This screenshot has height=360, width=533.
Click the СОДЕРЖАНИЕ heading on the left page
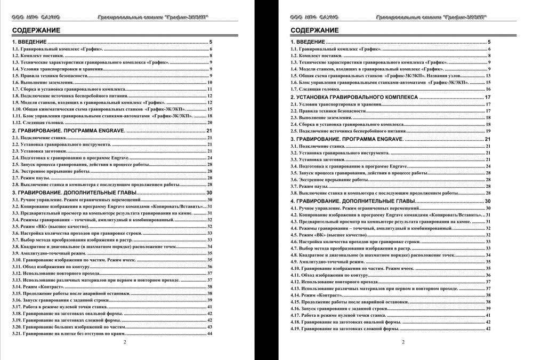36,30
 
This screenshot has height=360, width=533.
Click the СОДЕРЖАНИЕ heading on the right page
314,30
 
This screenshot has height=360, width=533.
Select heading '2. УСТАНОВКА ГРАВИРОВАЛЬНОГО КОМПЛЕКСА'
355,98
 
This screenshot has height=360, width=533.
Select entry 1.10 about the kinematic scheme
99,109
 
